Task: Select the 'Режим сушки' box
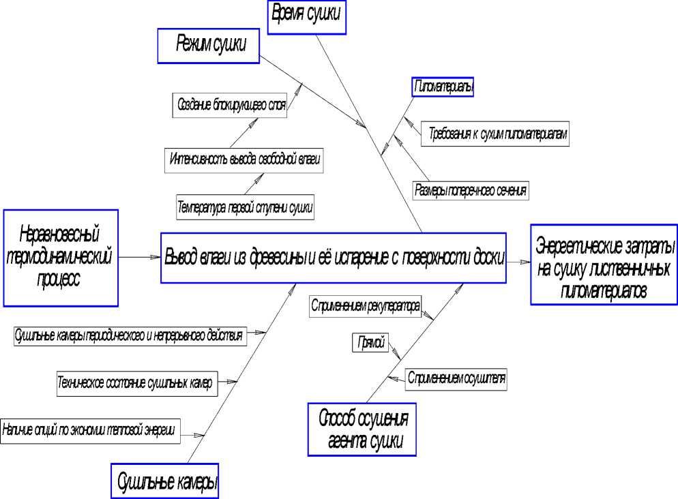[x=209, y=46]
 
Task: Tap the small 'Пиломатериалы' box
[x=443, y=87]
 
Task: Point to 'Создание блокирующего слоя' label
[x=229, y=106]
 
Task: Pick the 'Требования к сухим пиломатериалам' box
[x=495, y=135]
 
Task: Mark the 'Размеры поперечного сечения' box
[x=471, y=190]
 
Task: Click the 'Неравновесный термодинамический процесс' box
[x=60, y=257]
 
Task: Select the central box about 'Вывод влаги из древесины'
[x=334, y=257]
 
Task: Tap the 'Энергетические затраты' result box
[x=604, y=263]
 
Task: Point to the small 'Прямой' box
[x=370, y=342]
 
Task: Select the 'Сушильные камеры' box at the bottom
[x=168, y=482]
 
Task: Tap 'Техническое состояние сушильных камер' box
[x=135, y=383]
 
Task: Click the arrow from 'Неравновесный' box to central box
[x=139, y=257]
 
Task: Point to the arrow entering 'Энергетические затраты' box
[x=518, y=261]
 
